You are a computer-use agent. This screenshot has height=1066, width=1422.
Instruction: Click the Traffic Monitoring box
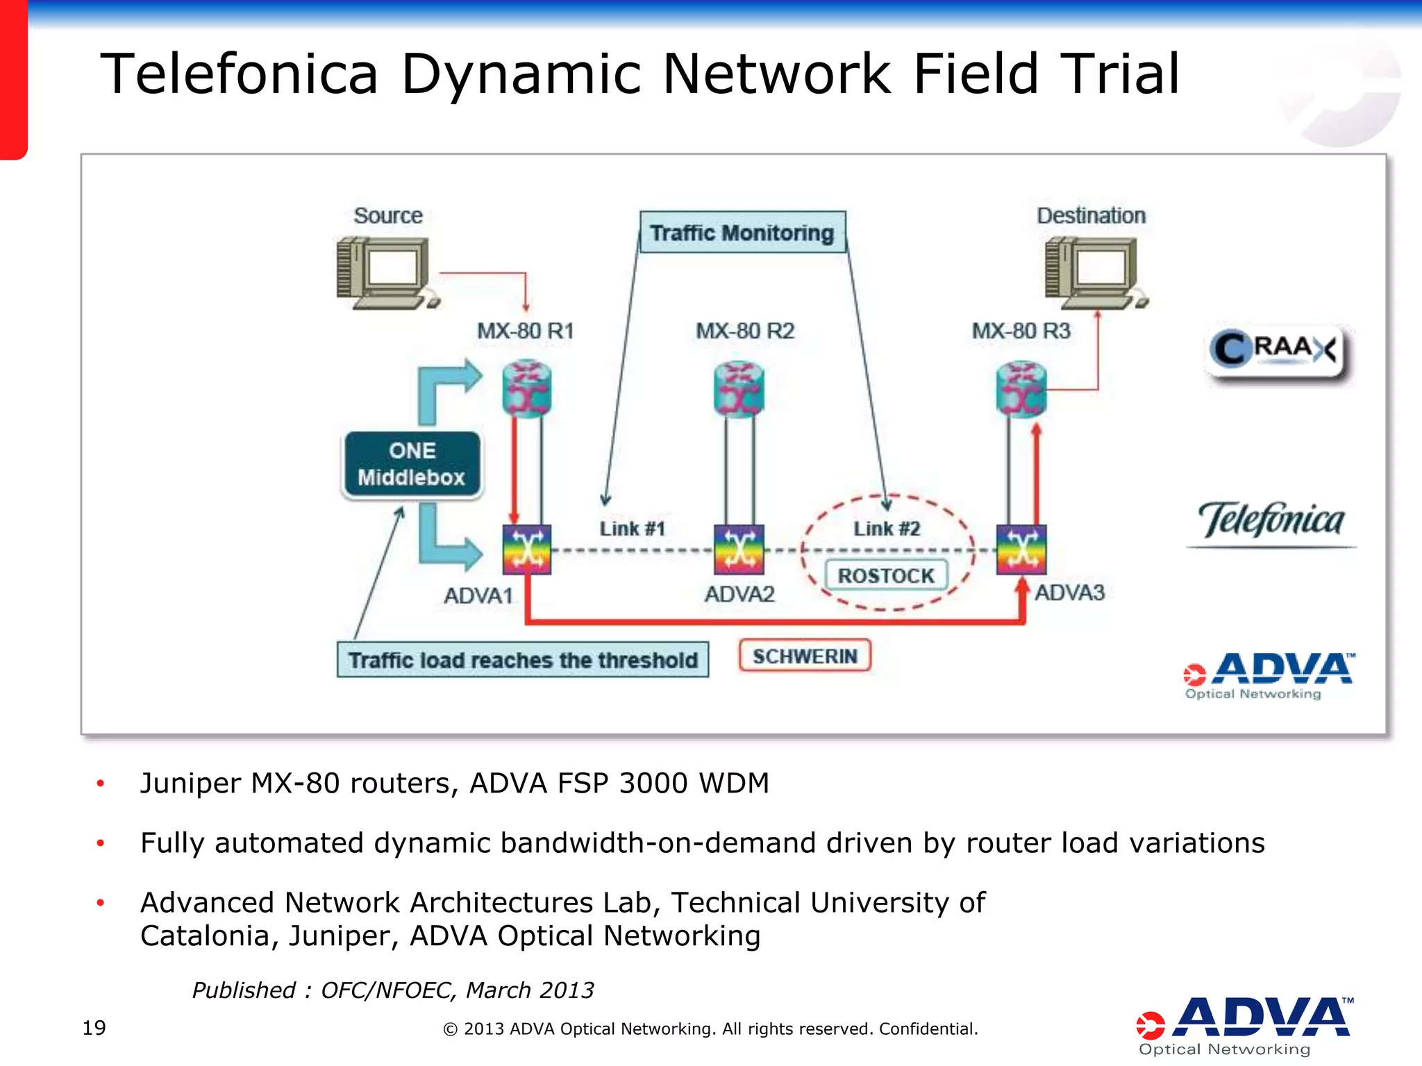click(x=742, y=232)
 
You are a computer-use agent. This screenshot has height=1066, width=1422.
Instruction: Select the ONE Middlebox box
click(x=412, y=464)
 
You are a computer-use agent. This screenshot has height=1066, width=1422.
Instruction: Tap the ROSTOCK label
click(x=886, y=575)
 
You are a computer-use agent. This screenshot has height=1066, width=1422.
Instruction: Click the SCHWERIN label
click(x=805, y=656)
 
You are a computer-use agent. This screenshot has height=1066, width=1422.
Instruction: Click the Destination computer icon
click(x=1095, y=273)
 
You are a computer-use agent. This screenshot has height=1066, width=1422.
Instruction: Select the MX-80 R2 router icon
click(x=739, y=389)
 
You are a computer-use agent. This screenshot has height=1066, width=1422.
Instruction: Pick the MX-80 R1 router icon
click(x=527, y=389)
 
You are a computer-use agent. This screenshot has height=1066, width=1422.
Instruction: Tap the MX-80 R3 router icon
click(x=1021, y=389)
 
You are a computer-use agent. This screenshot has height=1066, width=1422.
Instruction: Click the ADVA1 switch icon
click(x=527, y=549)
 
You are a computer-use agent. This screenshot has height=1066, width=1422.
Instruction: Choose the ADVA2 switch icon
click(x=739, y=549)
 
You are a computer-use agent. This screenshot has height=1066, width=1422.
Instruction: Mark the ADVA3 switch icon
click(x=1021, y=549)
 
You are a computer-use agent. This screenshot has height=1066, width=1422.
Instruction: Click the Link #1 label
click(x=633, y=529)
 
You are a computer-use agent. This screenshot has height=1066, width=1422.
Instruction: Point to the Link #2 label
click(x=887, y=529)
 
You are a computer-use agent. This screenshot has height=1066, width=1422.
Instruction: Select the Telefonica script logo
click(x=1271, y=521)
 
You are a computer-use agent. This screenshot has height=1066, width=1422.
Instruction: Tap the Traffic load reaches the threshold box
click(x=523, y=659)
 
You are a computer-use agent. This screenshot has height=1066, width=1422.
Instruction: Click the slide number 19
click(x=94, y=1028)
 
